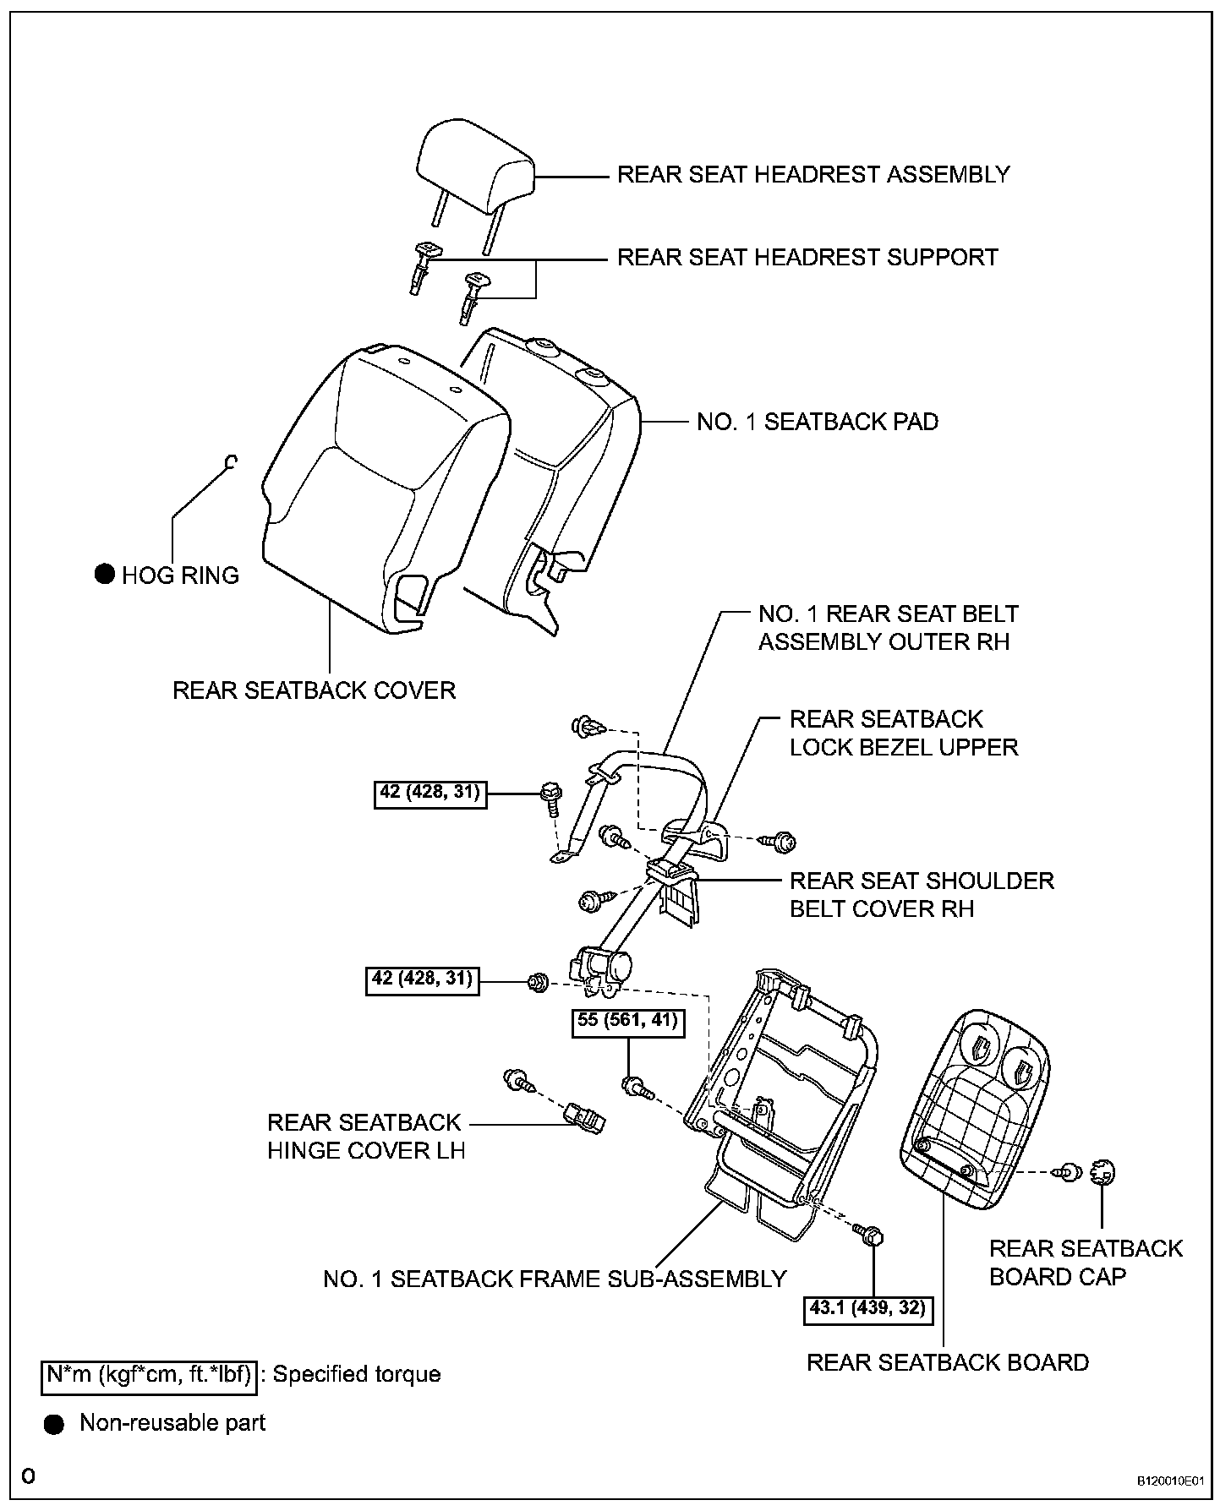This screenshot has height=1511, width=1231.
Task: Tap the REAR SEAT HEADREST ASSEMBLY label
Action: click(813, 175)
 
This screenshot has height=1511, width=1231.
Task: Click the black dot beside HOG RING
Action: click(104, 575)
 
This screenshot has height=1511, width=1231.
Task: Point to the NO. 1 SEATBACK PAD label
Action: click(817, 422)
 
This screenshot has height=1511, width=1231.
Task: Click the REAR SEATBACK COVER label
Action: click(314, 690)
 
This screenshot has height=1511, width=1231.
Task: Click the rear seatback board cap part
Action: click(1103, 1172)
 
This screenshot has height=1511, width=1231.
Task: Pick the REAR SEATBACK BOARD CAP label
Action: click(1085, 1263)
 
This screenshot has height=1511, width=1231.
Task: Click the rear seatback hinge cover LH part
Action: click(584, 1121)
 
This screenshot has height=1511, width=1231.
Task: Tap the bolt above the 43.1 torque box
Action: click(869, 1234)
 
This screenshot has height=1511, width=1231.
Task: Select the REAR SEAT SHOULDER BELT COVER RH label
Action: click(922, 895)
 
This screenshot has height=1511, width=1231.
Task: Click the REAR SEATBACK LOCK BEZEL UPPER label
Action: click(903, 734)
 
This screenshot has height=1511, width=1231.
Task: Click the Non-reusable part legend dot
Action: click(54, 1424)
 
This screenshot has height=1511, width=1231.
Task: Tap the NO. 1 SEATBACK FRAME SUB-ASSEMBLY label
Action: click(555, 1279)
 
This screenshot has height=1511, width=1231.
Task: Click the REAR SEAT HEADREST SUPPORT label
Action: click(807, 257)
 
